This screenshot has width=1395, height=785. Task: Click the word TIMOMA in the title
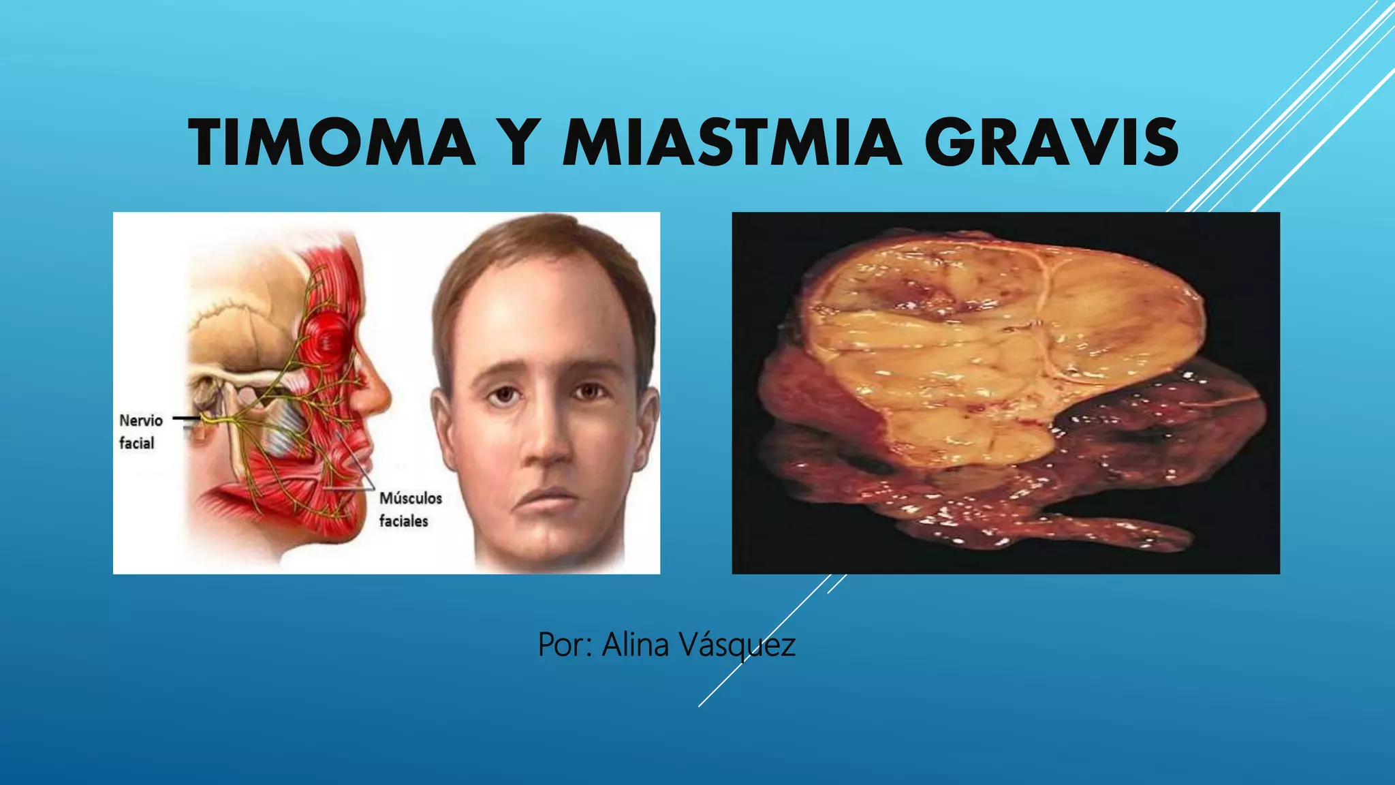(x=332, y=143)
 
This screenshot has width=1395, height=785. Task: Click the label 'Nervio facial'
(x=140, y=431)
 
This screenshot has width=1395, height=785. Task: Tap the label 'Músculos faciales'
(x=410, y=509)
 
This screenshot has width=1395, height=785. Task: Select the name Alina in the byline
(x=635, y=645)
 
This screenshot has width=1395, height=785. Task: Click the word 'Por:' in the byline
(x=565, y=645)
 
